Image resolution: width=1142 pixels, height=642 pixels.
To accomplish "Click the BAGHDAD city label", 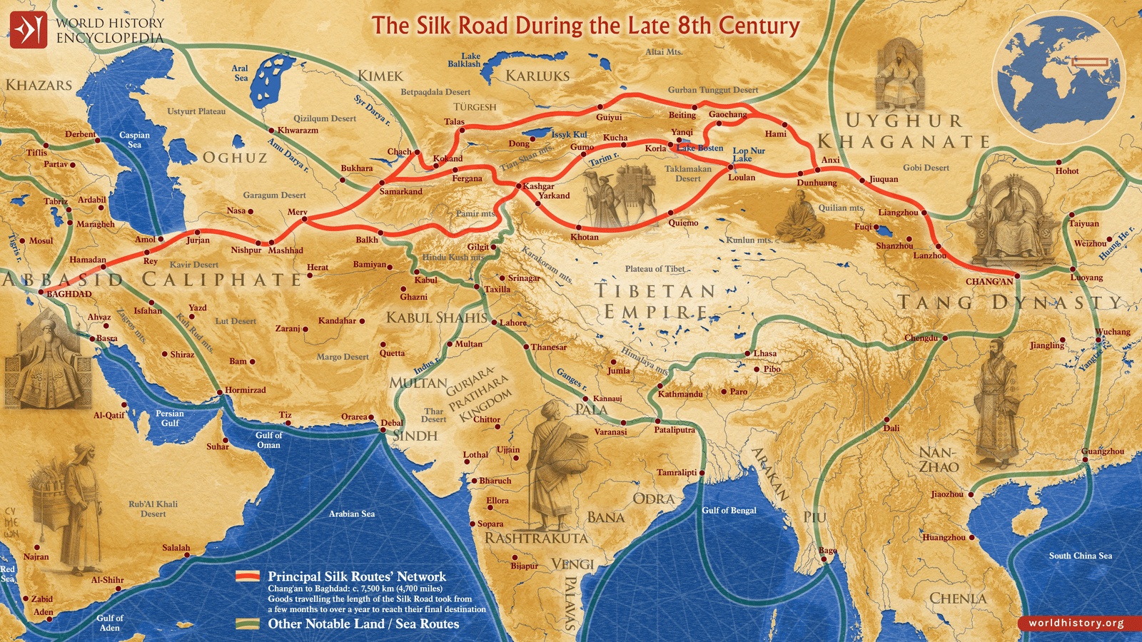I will (x=69, y=294).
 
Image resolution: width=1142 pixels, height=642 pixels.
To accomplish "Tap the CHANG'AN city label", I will (x=989, y=282).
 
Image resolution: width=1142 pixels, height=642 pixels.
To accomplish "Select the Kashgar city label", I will (x=539, y=186).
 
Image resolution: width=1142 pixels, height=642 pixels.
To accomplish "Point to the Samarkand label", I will (x=400, y=191).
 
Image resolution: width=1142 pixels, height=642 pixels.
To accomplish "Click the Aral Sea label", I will (x=241, y=73).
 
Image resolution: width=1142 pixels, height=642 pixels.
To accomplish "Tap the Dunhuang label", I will (x=817, y=183).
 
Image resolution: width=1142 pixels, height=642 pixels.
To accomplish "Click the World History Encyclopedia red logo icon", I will (x=28, y=30).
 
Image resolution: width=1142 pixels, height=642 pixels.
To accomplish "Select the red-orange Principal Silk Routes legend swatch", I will (x=248, y=576).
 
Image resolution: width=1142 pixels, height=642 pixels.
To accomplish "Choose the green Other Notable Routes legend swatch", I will (x=248, y=623).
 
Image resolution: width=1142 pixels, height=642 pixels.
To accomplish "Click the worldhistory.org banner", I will (x=1076, y=623).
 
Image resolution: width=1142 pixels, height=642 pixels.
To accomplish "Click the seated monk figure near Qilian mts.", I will (x=799, y=218).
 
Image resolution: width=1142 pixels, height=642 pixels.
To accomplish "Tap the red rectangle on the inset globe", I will (x=1090, y=62).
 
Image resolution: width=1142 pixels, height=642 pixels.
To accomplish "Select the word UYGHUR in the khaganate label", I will (x=904, y=121).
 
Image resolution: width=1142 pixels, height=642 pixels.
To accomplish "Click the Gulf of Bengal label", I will (x=729, y=510).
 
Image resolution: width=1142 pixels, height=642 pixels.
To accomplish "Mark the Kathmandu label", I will (x=680, y=394).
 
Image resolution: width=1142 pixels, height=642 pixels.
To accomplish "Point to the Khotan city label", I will (x=585, y=237).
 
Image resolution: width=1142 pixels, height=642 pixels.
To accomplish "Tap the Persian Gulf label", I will (x=170, y=418).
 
